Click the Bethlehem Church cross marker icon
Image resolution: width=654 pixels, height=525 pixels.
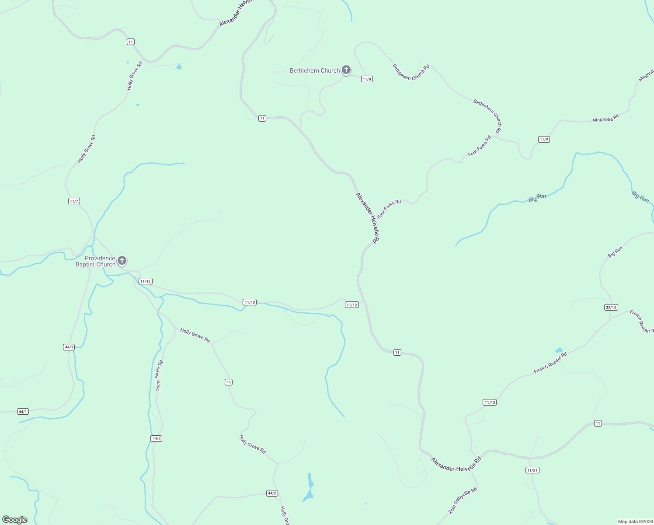[x=346, y=70]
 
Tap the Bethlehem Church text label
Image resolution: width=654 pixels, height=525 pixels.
[x=315, y=70]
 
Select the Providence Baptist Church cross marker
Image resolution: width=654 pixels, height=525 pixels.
[x=122, y=261]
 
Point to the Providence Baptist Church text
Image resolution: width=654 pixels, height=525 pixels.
[x=96, y=261]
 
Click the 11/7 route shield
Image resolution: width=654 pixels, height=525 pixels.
[x=74, y=201]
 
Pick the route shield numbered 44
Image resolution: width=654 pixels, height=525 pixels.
[x=228, y=382]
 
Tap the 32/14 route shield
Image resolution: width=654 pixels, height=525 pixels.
[x=611, y=308]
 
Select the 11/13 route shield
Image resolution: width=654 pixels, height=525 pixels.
[x=490, y=402]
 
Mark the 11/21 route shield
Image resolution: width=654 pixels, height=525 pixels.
[x=532, y=470]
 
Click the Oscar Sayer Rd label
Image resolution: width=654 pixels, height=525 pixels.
[x=159, y=375]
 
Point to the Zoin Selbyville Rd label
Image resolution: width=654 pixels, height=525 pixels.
[x=463, y=501]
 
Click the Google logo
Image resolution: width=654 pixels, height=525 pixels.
[x=15, y=520]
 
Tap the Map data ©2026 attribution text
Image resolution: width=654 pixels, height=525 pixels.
[x=635, y=521]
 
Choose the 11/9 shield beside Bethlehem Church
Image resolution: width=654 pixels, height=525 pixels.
[x=367, y=79]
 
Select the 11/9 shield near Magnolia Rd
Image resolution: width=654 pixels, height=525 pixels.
[x=543, y=140]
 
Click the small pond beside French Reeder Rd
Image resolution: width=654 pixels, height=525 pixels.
[x=558, y=350]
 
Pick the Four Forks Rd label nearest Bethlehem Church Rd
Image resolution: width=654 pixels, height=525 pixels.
[x=479, y=146]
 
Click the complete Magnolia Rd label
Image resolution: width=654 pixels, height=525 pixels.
[x=605, y=118]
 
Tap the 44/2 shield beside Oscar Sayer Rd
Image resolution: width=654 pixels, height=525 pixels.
[x=156, y=438]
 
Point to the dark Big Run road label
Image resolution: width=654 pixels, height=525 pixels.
[x=615, y=252]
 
